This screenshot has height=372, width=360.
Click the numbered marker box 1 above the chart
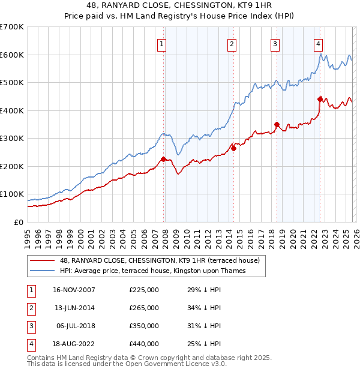tap(163, 43)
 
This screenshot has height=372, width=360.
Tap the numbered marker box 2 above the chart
tap(232, 43)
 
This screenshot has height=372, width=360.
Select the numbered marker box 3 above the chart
tap(275, 43)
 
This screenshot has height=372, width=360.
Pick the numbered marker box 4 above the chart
tap(318, 43)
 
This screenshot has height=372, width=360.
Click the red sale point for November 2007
tap(163, 159)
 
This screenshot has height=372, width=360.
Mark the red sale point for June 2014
tap(233, 148)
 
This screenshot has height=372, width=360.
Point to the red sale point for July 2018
tap(277, 125)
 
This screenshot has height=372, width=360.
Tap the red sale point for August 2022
tap(320, 98)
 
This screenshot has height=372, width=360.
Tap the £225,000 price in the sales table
tap(144, 290)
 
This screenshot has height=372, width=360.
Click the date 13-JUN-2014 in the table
tap(74, 308)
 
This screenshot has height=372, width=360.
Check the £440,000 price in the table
tap(144, 344)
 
